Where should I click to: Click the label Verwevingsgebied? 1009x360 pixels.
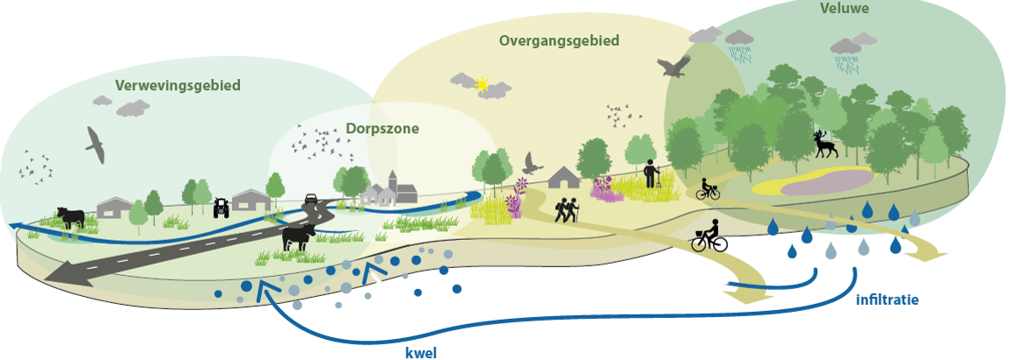[177, 86]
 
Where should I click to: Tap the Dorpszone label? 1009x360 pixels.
[381, 129]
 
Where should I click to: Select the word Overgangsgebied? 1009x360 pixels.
[559, 40]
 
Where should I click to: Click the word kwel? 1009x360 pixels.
[420, 353]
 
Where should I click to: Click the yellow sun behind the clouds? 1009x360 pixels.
[481, 84]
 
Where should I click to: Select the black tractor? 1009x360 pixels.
[221, 208]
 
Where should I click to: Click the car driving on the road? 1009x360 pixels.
[310, 199]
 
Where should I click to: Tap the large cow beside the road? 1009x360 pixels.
[298, 236]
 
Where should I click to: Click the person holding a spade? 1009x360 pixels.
[650, 173]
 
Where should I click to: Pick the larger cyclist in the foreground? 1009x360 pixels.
[709, 236]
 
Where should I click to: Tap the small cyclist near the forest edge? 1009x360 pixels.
[707, 188]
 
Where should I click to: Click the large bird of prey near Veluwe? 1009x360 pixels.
[674, 66]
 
